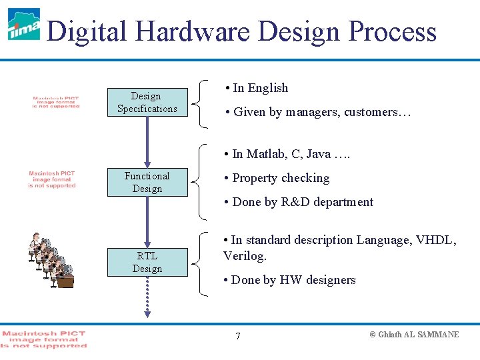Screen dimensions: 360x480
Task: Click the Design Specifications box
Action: pyautogui.click(x=147, y=103)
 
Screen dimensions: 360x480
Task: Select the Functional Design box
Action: pyautogui.click(x=147, y=183)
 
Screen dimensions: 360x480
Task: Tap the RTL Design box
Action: pyautogui.click(x=147, y=262)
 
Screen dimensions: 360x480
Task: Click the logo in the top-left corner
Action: pyautogui.click(x=23, y=25)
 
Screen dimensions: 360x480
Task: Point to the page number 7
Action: pyautogui.click(x=238, y=335)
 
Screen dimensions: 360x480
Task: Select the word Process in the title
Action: pyautogui.click(x=393, y=31)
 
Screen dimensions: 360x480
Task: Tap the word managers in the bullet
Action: pyautogui.click(x=312, y=112)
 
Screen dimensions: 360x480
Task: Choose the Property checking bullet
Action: pyautogui.click(x=280, y=178)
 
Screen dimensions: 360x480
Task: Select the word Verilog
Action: pyautogui.click(x=244, y=256)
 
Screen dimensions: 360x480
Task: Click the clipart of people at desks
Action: pyautogui.click(x=50, y=260)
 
